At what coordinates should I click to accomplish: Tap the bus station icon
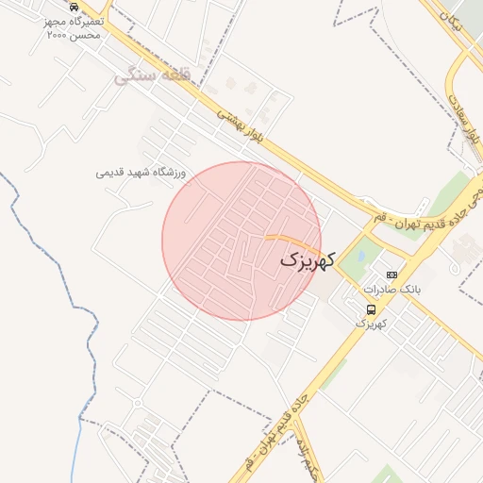point(372,308)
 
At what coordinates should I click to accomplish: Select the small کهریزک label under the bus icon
point(373,323)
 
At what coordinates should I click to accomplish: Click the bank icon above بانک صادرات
point(391,275)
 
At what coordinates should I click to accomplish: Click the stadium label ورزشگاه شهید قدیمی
point(142,173)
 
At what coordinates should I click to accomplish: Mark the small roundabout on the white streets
point(138,403)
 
